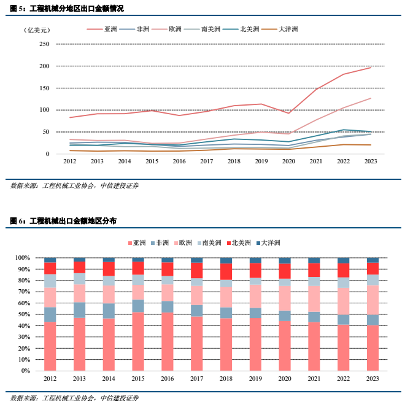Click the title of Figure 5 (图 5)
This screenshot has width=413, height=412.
(x=67, y=9)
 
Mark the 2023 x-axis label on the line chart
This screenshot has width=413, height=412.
(x=370, y=161)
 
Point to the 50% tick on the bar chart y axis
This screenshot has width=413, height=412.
(x=41, y=314)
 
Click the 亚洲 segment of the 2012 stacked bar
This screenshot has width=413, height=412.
(x=50, y=346)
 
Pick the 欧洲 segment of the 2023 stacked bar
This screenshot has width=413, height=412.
(x=372, y=300)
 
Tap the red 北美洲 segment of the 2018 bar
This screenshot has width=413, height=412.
(x=226, y=271)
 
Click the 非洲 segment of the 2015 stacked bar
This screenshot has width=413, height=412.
(x=138, y=306)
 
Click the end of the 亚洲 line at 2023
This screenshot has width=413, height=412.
(x=370, y=68)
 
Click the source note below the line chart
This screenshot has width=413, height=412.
(x=74, y=185)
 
